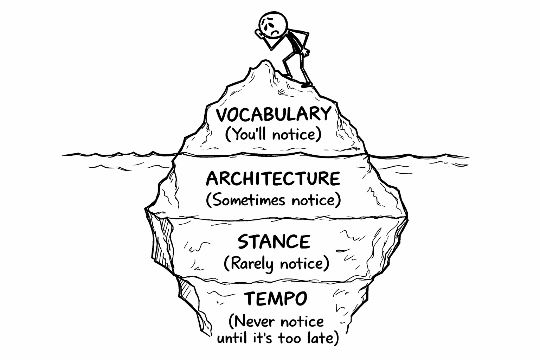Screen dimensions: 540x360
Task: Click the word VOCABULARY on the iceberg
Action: pyautogui.click(x=273, y=114)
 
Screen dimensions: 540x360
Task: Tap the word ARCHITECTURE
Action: pyautogui.click(x=273, y=179)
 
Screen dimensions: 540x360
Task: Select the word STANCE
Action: pyautogui.click(x=274, y=242)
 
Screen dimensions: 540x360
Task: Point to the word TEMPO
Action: pyautogui.click(x=276, y=299)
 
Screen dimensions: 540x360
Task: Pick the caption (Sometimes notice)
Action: pyautogui.click(x=273, y=200)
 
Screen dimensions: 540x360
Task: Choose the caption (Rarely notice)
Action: pyautogui.click(x=276, y=263)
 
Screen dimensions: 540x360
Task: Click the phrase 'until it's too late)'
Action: pyautogui.click(x=278, y=338)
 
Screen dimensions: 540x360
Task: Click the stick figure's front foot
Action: pyautogui.click(x=307, y=85)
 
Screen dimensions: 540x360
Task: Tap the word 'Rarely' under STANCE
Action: pyautogui.click(x=248, y=264)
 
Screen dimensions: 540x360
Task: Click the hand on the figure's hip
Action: pyautogui.click(x=308, y=53)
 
